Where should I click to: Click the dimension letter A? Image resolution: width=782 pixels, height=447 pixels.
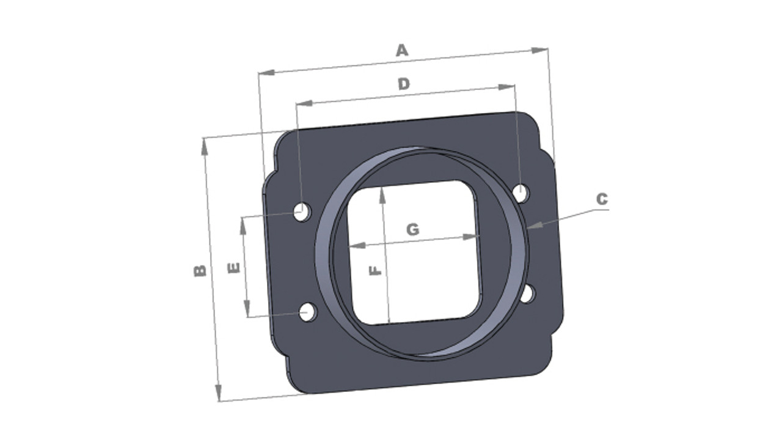click(x=402, y=50)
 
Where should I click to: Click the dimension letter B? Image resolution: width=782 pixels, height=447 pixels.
click(x=200, y=271)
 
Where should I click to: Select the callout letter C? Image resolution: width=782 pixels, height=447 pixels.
click(x=602, y=199)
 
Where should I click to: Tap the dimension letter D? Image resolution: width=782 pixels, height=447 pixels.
click(x=404, y=84)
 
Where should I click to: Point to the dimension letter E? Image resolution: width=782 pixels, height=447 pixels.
click(x=233, y=268)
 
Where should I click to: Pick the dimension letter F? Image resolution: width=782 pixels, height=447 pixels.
click(x=375, y=270)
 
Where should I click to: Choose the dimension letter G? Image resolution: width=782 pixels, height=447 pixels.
click(x=412, y=230)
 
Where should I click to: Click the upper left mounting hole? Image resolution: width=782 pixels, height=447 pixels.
click(x=302, y=212)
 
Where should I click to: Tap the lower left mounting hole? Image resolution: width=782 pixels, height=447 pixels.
click(x=308, y=312)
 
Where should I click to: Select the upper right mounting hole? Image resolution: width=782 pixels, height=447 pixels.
click(x=521, y=193)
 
